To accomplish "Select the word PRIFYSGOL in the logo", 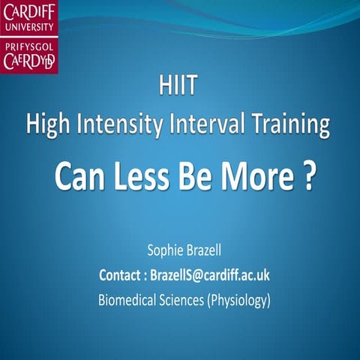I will [30, 47].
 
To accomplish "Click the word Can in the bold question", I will [79, 179].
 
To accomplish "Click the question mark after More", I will [308, 179].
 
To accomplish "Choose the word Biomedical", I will [130, 300].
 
